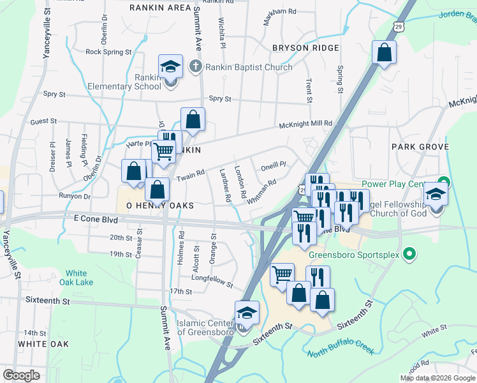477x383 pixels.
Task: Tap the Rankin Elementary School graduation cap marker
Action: (x=171, y=66)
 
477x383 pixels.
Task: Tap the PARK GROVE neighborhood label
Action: (x=420, y=147)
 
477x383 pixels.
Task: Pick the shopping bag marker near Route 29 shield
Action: (x=384, y=54)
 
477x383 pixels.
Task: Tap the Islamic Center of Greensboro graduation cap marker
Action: (x=247, y=313)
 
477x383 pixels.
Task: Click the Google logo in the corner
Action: (x=22, y=375)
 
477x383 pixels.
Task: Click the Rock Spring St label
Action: (x=108, y=52)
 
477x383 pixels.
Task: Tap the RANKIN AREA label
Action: (x=160, y=8)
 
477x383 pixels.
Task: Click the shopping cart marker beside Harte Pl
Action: (x=163, y=151)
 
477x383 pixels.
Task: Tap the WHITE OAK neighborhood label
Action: (x=43, y=344)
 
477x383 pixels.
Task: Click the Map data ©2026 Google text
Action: (x=437, y=378)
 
